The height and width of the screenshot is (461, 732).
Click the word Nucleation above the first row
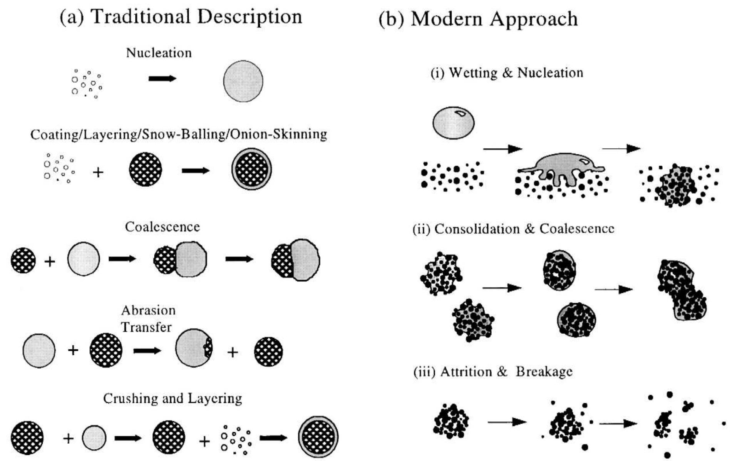click(159, 53)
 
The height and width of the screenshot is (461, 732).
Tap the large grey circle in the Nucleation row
click(243, 81)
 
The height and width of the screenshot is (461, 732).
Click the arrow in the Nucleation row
click(162, 79)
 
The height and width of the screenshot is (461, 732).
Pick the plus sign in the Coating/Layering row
click(98, 172)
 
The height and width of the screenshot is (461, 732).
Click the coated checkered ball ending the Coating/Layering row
click(251, 169)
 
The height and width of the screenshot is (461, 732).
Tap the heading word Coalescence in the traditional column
click(162, 227)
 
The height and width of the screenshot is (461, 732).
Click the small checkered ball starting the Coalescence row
click(23, 260)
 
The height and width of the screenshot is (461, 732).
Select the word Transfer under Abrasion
click(146, 327)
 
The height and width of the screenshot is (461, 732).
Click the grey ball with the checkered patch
click(194, 348)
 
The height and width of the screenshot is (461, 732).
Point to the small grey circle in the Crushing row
click(94, 438)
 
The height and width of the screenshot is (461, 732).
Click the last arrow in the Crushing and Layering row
click(273, 438)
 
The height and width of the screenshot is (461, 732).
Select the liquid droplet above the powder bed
click(453, 123)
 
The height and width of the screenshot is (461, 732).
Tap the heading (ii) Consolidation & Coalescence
click(513, 229)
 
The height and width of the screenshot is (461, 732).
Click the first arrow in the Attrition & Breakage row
click(507, 422)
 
